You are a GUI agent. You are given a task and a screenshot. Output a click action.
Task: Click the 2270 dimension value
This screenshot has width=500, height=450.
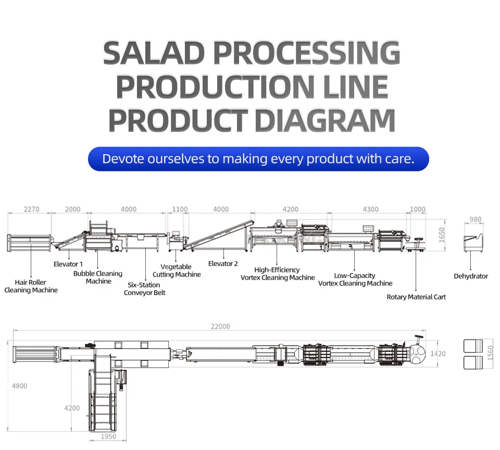31,209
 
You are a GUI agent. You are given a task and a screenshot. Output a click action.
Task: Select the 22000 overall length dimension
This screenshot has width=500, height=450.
220,327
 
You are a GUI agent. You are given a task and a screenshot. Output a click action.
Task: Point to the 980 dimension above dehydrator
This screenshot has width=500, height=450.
476,220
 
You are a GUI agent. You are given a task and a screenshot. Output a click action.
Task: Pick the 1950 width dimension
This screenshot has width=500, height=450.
108,436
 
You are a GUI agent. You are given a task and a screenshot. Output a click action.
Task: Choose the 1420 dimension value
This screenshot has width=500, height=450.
438,354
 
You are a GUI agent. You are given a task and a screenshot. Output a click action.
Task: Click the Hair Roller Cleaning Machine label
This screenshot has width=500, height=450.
31,286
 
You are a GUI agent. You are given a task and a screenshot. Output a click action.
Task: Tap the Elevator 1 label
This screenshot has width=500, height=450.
68,264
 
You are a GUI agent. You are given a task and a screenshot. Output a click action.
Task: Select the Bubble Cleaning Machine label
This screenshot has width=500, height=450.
98,277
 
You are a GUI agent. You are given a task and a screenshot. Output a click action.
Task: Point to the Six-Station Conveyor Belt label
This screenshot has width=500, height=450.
144,289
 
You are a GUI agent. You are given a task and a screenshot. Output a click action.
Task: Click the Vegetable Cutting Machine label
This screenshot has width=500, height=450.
177,270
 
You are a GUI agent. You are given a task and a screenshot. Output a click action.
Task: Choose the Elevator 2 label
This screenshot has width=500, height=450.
223,264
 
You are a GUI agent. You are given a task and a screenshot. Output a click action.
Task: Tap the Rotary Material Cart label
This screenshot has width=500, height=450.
416,297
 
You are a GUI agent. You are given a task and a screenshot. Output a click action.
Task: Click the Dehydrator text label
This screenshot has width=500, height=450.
471,276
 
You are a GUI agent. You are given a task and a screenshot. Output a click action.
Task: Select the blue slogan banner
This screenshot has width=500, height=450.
258,159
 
